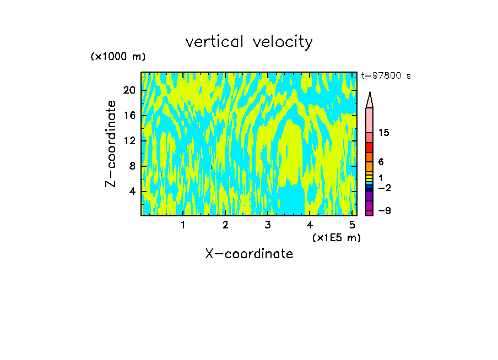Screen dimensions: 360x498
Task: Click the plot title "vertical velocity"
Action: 249,42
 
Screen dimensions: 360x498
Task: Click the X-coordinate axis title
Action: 249,254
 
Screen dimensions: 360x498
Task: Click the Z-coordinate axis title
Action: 111,144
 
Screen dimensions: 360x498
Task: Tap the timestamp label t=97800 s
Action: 386,76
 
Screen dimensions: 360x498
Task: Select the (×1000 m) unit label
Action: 118,57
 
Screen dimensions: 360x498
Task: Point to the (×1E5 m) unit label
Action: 336,237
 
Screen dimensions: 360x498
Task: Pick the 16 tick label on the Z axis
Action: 129,116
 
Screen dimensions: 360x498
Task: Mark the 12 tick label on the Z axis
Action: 129,141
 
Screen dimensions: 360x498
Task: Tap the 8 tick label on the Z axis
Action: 132,166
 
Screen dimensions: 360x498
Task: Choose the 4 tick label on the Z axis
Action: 132,192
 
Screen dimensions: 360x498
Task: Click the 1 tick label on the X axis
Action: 183,225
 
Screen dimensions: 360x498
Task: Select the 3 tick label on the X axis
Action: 267,225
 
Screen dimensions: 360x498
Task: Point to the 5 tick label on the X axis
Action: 352,225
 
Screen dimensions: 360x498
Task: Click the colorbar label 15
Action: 385,133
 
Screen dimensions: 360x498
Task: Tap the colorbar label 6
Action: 381,162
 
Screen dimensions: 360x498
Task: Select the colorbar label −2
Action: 384,188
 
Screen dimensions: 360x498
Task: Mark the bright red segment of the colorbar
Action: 369,148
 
